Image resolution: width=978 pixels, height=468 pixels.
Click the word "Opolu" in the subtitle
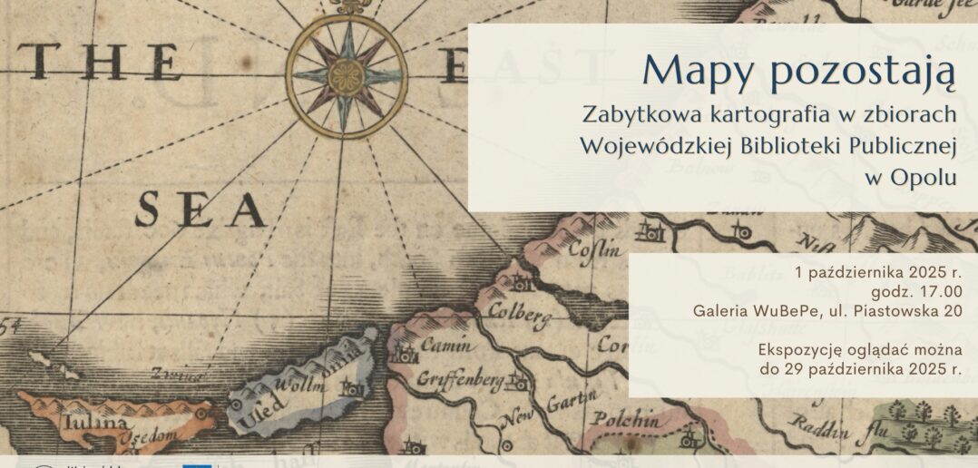924,178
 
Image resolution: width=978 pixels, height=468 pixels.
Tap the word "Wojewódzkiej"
656,147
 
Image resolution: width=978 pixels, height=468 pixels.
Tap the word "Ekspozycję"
801,349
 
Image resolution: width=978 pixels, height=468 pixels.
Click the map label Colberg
520,314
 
